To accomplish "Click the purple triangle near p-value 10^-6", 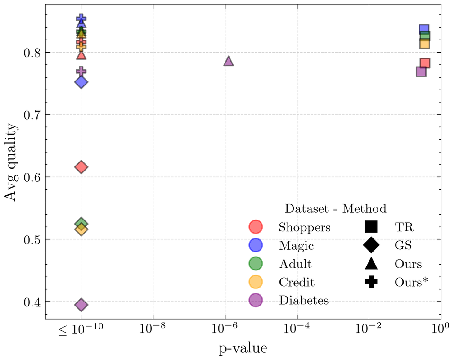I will [x=229, y=61].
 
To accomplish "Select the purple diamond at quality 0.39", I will [x=81, y=305].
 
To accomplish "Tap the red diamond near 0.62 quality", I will [x=81, y=167].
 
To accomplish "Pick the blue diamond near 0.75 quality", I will [x=81, y=82].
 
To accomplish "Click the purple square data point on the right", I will [x=421, y=72].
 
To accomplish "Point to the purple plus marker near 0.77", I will [x=81, y=71].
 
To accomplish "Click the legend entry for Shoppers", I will [x=305, y=228].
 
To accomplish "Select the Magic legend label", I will [x=296, y=246].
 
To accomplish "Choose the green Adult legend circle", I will [x=256, y=264].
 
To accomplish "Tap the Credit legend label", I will [x=297, y=282].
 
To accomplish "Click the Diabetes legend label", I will [x=304, y=300].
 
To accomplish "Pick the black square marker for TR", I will [x=372, y=227].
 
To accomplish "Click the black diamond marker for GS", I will [x=372, y=246].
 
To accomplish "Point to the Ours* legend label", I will [x=411, y=282].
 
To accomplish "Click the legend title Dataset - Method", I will [x=335, y=209].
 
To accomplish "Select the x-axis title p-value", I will [x=243, y=348].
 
